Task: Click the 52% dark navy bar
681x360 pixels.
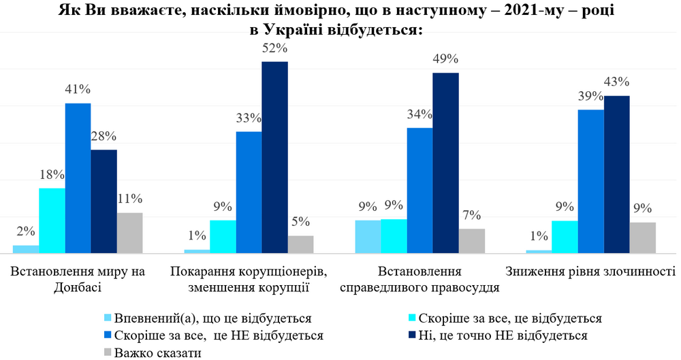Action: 275,157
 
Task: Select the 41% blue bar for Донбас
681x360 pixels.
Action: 78,178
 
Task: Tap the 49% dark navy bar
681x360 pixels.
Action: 446,163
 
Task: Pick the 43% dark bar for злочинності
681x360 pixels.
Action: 617,174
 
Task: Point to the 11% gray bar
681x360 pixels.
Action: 130,233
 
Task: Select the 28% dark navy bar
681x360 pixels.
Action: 104,201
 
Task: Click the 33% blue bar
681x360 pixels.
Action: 249,192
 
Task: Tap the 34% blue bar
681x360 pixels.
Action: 419,191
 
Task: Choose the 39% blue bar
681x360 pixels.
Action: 590,181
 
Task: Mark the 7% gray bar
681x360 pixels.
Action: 472,241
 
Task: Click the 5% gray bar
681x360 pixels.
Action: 301,244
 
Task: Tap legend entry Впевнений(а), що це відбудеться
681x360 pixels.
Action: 212,318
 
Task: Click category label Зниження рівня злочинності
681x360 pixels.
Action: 590,272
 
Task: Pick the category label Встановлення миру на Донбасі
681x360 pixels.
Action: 78,279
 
